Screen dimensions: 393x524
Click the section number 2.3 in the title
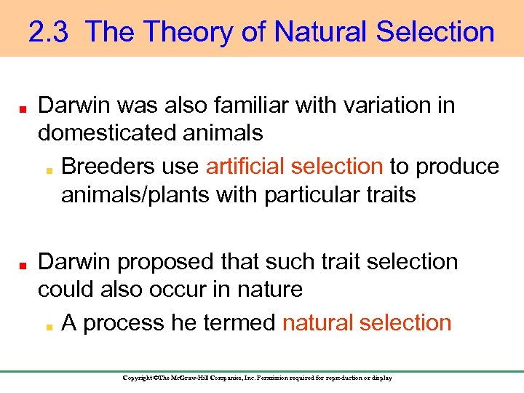pos(49,32)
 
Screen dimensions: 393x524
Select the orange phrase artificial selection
pos(294,166)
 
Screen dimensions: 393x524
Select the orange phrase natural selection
pos(367,322)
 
